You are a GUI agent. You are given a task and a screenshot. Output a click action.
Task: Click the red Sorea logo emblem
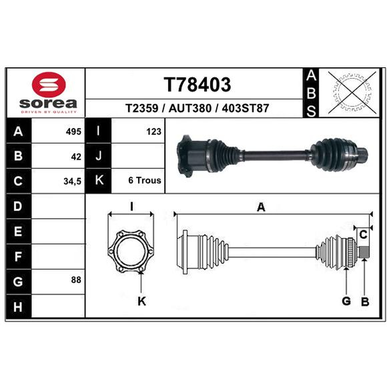49,85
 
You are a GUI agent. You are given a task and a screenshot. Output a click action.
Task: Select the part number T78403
197,84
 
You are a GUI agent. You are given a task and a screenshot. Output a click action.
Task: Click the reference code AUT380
190,108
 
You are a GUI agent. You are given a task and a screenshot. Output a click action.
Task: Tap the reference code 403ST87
245,108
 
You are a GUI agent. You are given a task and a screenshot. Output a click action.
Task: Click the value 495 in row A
74,132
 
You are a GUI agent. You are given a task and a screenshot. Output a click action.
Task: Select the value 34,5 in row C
72,181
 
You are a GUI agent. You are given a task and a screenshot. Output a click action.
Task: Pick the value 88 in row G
76,280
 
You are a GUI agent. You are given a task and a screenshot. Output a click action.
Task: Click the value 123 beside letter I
154,132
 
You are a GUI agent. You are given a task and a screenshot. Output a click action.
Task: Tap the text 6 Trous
145,180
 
